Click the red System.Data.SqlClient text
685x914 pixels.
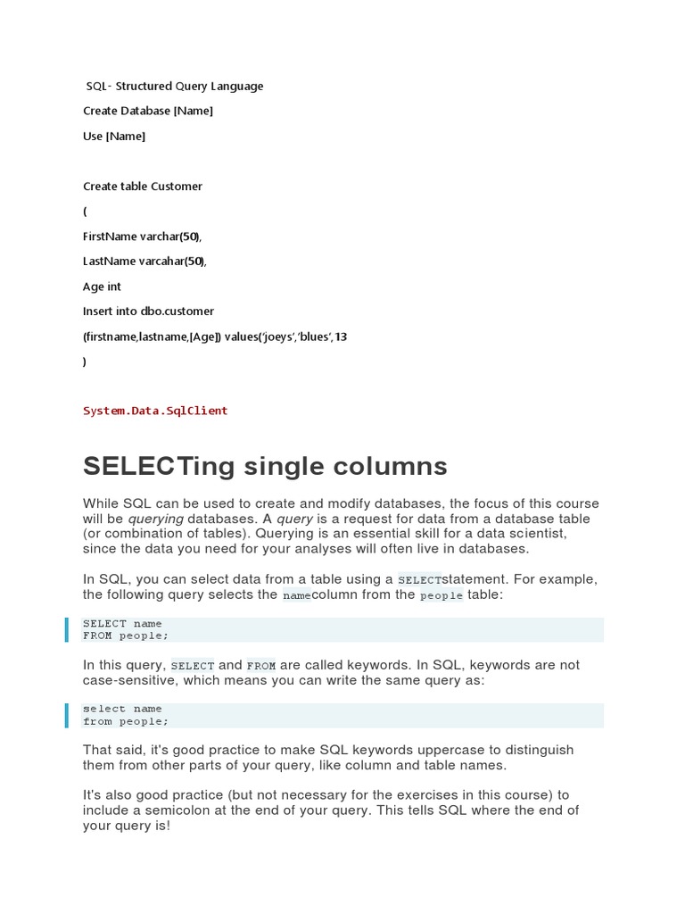pos(155,411)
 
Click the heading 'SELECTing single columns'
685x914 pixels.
pos(265,466)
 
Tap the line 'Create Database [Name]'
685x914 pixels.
pos(148,111)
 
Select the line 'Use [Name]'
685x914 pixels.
pos(114,136)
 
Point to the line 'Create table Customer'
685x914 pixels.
pos(143,186)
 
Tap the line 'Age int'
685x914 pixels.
pos(102,287)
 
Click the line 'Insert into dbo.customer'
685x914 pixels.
pos(148,312)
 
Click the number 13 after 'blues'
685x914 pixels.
pos(340,337)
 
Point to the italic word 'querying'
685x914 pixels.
pos(155,519)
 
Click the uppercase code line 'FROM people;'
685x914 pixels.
pos(126,636)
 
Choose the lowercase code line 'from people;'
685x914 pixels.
pos(126,721)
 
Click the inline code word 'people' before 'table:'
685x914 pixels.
pos(442,595)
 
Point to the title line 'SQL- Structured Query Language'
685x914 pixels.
pos(175,86)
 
